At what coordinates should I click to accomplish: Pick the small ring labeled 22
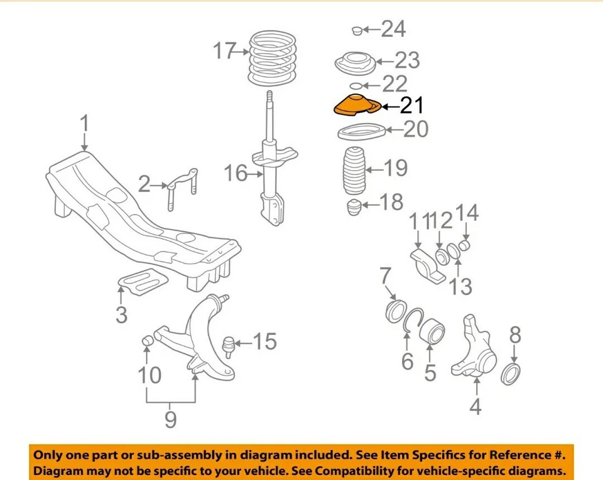pyautogui.click(x=355, y=85)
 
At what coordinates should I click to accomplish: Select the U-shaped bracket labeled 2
pyautogui.click(x=183, y=186)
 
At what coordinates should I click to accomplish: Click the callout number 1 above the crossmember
pyautogui.click(x=85, y=125)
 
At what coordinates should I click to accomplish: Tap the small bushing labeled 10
pyautogui.click(x=149, y=340)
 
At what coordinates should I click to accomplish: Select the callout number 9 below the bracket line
pyautogui.click(x=170, y=419)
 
